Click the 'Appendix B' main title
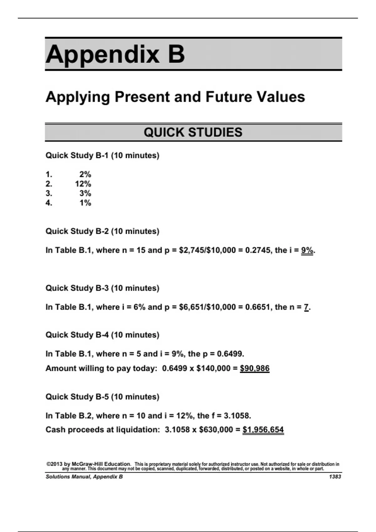click(x=115, y=54)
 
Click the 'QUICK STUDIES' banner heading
click(x=193, y=132)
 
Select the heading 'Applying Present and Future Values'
click(x=175, y=97)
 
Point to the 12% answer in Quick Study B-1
click(x=83, y=184)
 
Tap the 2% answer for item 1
click(x=85, y=174)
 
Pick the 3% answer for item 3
click(x=85, y=193)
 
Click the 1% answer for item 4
click(x=85, y=203)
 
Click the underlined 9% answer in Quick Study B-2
click(x=307, y=250)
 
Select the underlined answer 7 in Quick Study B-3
click(x=306, y=307)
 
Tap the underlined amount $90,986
click(x=254, y=368)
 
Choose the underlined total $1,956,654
click(x=263, y=430)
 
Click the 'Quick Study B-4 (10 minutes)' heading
click(x=102, y=335)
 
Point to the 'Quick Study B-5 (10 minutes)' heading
click(x=102, y=397)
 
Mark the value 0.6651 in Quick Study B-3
click(x=258, y=307)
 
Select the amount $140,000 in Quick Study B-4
click(x=213, y=368)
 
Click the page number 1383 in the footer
click(x=335, y=477)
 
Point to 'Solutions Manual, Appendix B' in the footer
click(x=84, y=477)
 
